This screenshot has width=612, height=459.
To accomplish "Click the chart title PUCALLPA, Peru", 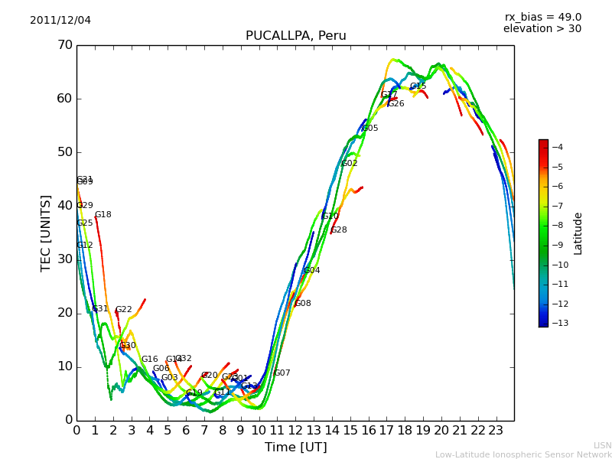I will [295, 36].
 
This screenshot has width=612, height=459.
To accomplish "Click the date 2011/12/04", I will [60, 21].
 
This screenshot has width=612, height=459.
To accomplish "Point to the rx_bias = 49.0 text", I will [542, 18].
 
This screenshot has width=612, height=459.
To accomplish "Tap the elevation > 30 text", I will [542, 29].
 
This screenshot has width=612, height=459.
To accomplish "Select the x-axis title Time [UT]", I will [295, 448].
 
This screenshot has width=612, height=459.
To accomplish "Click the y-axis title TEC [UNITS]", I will [46, 233].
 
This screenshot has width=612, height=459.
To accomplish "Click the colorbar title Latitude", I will [578, 233].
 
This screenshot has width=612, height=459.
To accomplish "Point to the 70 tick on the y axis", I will [64, 45].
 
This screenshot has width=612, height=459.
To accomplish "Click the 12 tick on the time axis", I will [295, 430].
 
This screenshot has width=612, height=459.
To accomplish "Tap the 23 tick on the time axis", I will [496, 430].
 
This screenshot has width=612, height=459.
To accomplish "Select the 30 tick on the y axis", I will [64, 259].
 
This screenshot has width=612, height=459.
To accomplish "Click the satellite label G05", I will [370, 129].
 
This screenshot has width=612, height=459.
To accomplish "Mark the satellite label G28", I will [339, 230].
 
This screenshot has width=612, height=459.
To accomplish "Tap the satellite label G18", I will [103, 215].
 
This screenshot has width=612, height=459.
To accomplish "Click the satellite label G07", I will [282, 373].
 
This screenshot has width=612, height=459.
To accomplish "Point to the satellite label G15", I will [418, 86].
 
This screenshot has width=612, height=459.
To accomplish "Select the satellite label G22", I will [124, 310].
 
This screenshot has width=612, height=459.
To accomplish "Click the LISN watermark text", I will [602, 445].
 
